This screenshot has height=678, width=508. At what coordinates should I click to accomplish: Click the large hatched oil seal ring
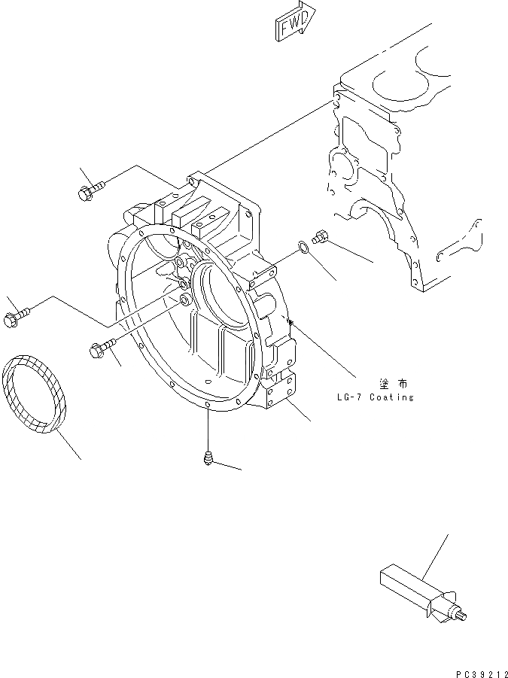tap(35, 393)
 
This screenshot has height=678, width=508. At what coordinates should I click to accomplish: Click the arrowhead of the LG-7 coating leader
tap(291, 324)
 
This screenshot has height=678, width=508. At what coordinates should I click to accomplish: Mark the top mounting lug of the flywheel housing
tap(197, 181)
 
